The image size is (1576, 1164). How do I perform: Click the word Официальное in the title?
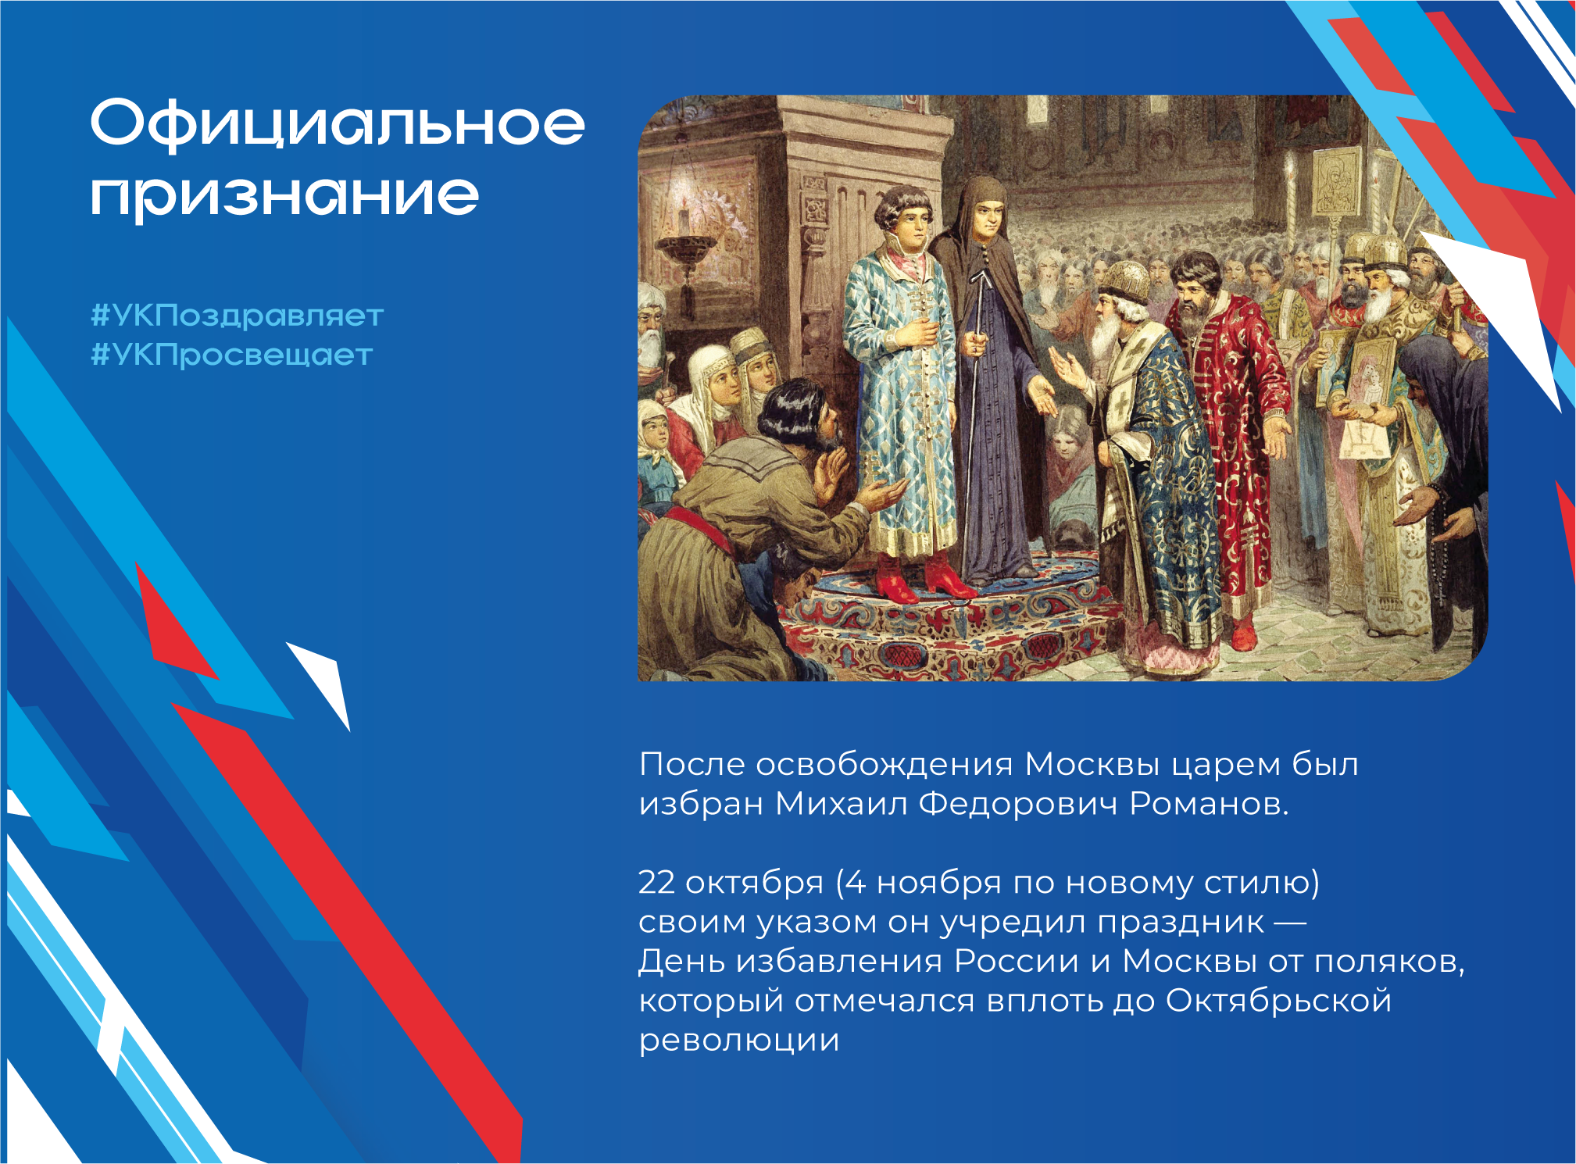pos(338,123)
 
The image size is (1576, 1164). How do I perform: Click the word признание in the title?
pos(284,196)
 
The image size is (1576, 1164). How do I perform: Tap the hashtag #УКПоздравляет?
pos(238,316)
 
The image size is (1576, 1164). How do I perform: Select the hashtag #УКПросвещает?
pos(232,355)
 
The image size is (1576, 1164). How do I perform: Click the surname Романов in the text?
pos(1209,803)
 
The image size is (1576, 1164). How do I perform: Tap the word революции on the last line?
pos(739,1041)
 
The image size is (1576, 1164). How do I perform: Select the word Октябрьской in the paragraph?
pos(1279,1000)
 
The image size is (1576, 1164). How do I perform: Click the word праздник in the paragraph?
pos(1181,923)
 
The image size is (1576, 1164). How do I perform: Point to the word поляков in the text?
pos(1388,961)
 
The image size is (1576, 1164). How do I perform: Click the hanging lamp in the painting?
pos(686,247)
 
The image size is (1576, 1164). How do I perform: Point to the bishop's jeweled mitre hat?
pos(1122,280)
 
